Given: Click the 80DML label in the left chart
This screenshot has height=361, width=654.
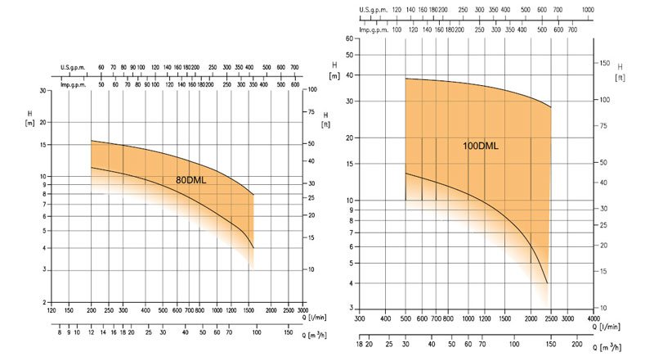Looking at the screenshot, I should [x=191, y=179].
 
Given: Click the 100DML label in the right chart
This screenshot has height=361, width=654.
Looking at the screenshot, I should [x=481, y=146].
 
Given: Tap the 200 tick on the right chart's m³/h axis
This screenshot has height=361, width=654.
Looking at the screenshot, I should [x=577, y=347].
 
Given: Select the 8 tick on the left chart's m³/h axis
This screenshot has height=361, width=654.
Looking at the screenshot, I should [x=59, y=332].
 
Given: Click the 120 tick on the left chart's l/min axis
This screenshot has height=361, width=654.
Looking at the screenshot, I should [x=52, y=311].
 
